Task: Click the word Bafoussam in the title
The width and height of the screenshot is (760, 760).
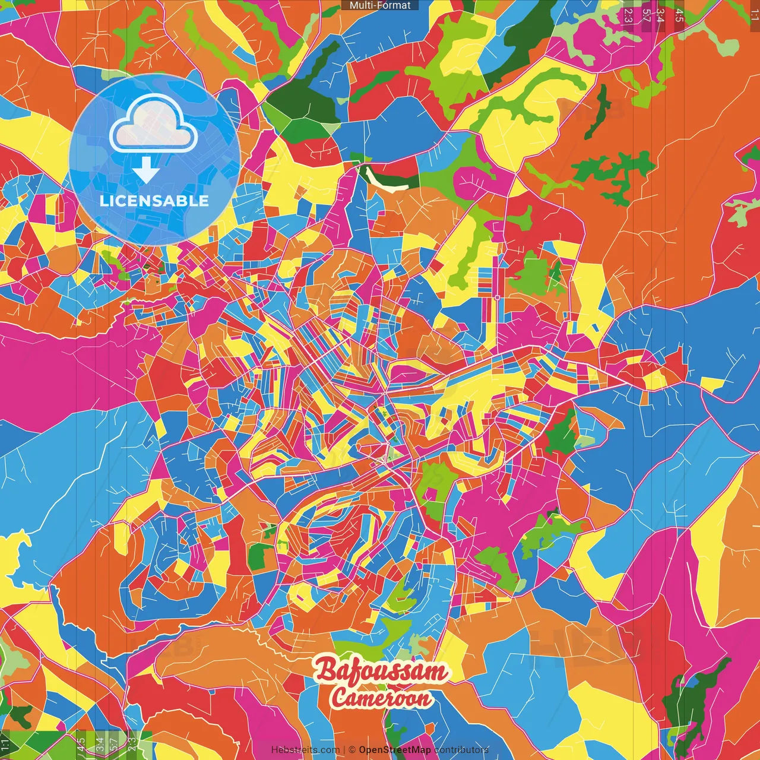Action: point(380,670)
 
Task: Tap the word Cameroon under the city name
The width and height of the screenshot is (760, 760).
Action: point(381,697)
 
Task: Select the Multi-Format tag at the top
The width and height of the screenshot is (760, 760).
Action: point(380,5)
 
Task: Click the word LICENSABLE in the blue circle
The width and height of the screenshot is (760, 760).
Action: point(154,201)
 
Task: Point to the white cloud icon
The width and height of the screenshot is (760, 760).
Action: point(154,123)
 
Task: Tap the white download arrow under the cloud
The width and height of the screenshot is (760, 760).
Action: point(146,172)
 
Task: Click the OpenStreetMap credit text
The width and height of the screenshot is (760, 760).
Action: point(395,750)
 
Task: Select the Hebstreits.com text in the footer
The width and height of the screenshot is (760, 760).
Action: point(305,750)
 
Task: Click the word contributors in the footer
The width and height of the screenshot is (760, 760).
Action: point(461,750)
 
